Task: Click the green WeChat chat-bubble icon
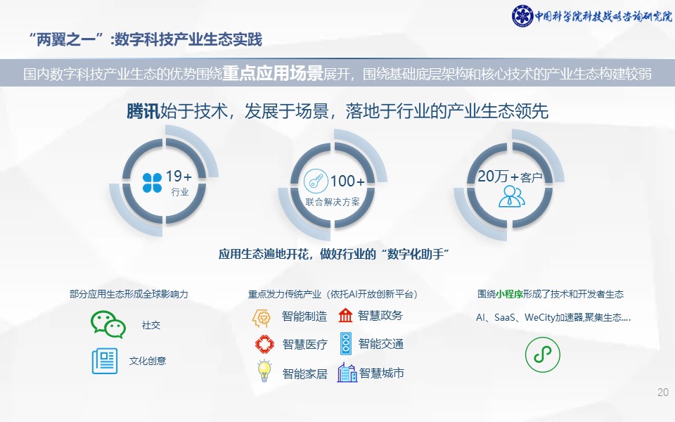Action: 108,324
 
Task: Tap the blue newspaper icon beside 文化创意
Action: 105,361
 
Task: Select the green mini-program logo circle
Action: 542,354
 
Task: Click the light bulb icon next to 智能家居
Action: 264,371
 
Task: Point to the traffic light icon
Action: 346,343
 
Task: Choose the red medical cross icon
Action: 264,344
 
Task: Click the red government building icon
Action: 345,315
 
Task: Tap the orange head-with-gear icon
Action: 262,318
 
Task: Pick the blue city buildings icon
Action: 347,373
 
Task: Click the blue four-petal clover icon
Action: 152,183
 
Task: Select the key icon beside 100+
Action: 316,181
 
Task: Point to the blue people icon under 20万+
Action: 511,196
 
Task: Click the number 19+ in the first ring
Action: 179,176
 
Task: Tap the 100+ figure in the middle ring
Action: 347,181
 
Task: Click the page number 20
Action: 663,392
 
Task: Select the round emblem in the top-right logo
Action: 522,16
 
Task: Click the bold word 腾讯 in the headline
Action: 143,111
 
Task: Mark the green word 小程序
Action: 509,294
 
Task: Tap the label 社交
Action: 151,325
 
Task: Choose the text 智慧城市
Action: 381,373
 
